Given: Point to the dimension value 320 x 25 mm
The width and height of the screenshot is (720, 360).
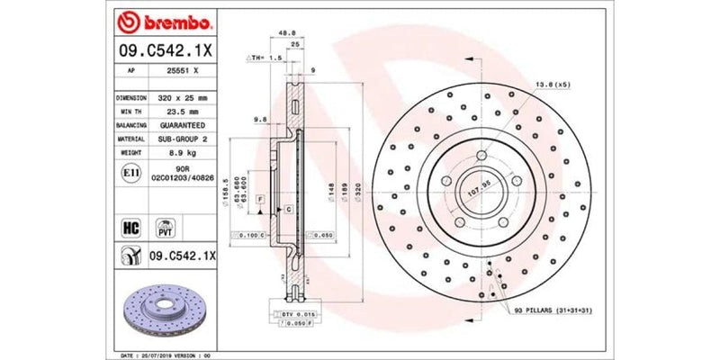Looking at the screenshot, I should click(175, 96).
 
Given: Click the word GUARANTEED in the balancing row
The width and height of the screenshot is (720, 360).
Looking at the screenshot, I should click(176, 125).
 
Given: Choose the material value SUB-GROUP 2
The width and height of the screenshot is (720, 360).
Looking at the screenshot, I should click(176, 139).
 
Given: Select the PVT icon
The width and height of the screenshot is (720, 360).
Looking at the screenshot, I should click(166, 226).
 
